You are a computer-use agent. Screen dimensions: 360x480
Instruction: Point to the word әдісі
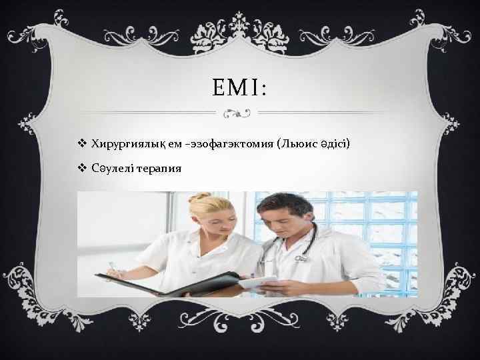click(339, 145)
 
